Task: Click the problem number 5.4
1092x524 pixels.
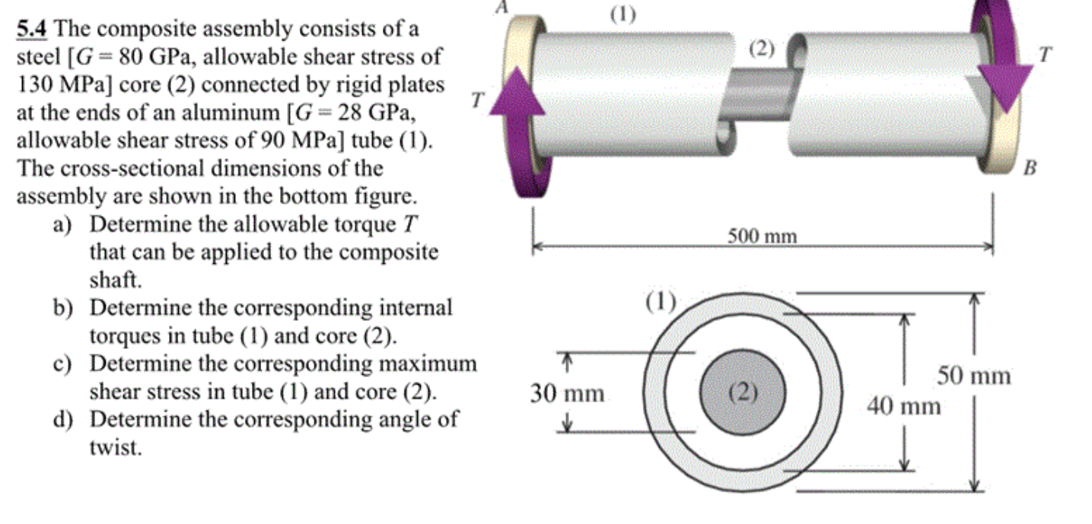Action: click(32, 30)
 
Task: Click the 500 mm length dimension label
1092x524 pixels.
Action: click(762, 237)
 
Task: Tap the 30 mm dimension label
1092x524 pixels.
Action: click(567, 393)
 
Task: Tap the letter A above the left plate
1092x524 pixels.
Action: click(501, 6)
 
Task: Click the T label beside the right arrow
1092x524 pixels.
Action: click(1047, 54)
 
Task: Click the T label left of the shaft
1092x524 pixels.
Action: click(477, 100)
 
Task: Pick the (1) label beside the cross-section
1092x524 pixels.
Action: click(661, 302)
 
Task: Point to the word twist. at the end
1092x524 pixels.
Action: click(116, 447)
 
